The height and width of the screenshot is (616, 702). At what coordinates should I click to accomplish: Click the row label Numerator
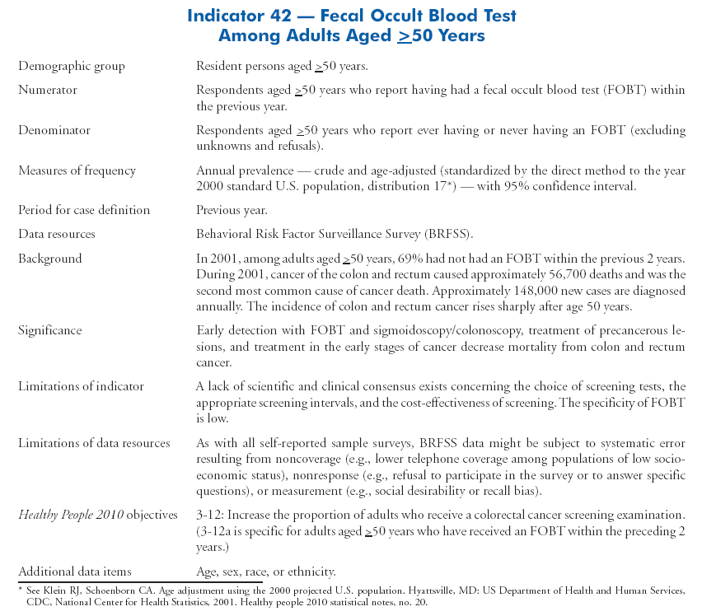pyautogui.click(x=48, y=90)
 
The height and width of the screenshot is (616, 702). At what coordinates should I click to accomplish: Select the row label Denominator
pyautogui.click(x=54, y=130)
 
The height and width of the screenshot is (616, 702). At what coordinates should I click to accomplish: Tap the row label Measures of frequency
pyautogui.click(x=77, y=170)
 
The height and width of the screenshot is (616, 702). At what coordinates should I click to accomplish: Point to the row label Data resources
pyautogui.click(x=57, y=234)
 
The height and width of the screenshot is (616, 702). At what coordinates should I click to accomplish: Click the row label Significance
pyautogui.click(x=50, y=330)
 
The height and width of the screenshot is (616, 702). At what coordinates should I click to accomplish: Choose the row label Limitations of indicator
pyautogui.click(x=81, y=386)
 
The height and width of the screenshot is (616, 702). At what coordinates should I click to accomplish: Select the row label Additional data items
pyautogui.click(x=75, y=572)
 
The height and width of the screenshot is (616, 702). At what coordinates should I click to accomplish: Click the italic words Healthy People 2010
pyautogui.click(x=71, y=516)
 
